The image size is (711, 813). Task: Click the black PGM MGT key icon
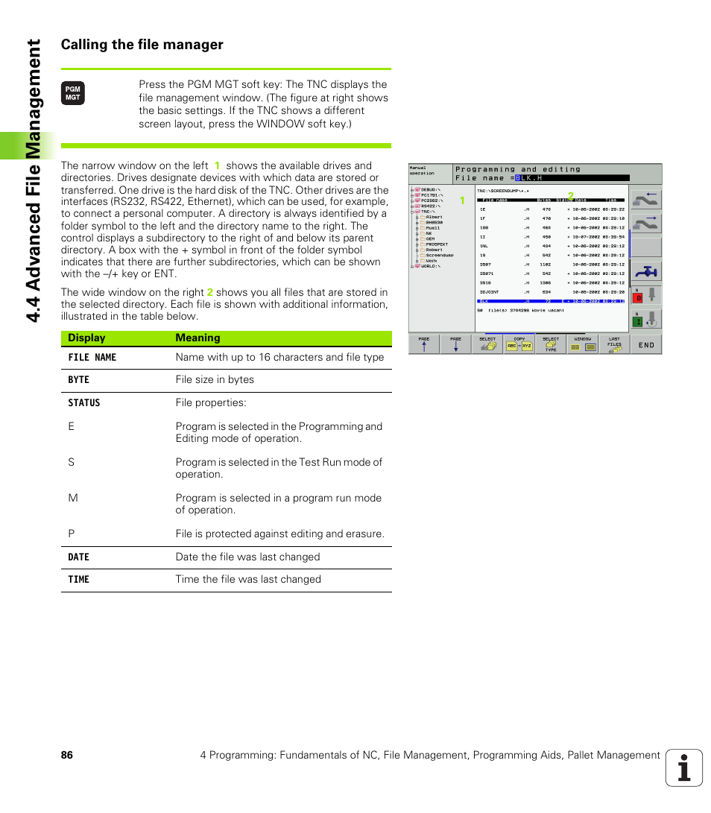click(72, 93)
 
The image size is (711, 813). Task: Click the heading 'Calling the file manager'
click(142, 45)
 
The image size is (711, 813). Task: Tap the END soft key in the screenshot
click(645, 344)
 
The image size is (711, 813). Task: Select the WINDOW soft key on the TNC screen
click(582, 344)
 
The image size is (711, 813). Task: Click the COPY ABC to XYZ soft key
click(519, 344)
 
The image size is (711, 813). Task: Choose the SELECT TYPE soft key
click(551, 344)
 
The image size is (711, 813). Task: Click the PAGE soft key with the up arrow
click(424, 344)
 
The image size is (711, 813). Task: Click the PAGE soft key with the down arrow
click(455, 344)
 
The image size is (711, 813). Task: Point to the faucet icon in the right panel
click(645, 271)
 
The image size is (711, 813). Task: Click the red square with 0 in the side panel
click(638, 297)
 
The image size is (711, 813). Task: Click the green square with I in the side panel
click(638, 321)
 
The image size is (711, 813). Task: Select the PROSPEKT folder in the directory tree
click(436, 244)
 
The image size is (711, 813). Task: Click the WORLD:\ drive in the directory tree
click(432, 266)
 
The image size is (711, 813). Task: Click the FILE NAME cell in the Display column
click(92, 358)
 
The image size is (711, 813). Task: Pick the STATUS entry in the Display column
click(83, 403)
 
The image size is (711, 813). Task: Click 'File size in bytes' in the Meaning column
click(215, 380)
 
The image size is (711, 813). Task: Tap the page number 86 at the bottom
click(67, 755)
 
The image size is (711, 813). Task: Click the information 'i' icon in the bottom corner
click(684, 768)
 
